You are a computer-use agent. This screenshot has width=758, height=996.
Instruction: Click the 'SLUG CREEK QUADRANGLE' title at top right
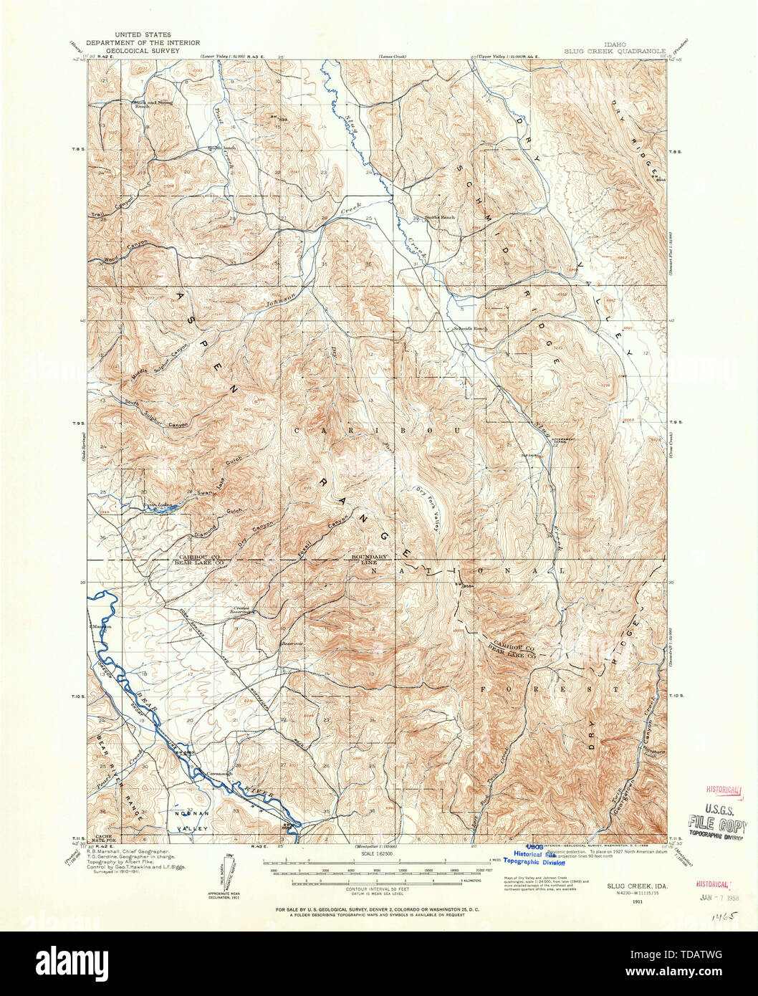click(615, 51)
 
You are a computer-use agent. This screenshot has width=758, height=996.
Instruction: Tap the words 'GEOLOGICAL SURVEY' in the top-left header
click(143, 52)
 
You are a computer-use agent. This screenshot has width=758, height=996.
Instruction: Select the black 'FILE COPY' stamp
click(716, 823)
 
